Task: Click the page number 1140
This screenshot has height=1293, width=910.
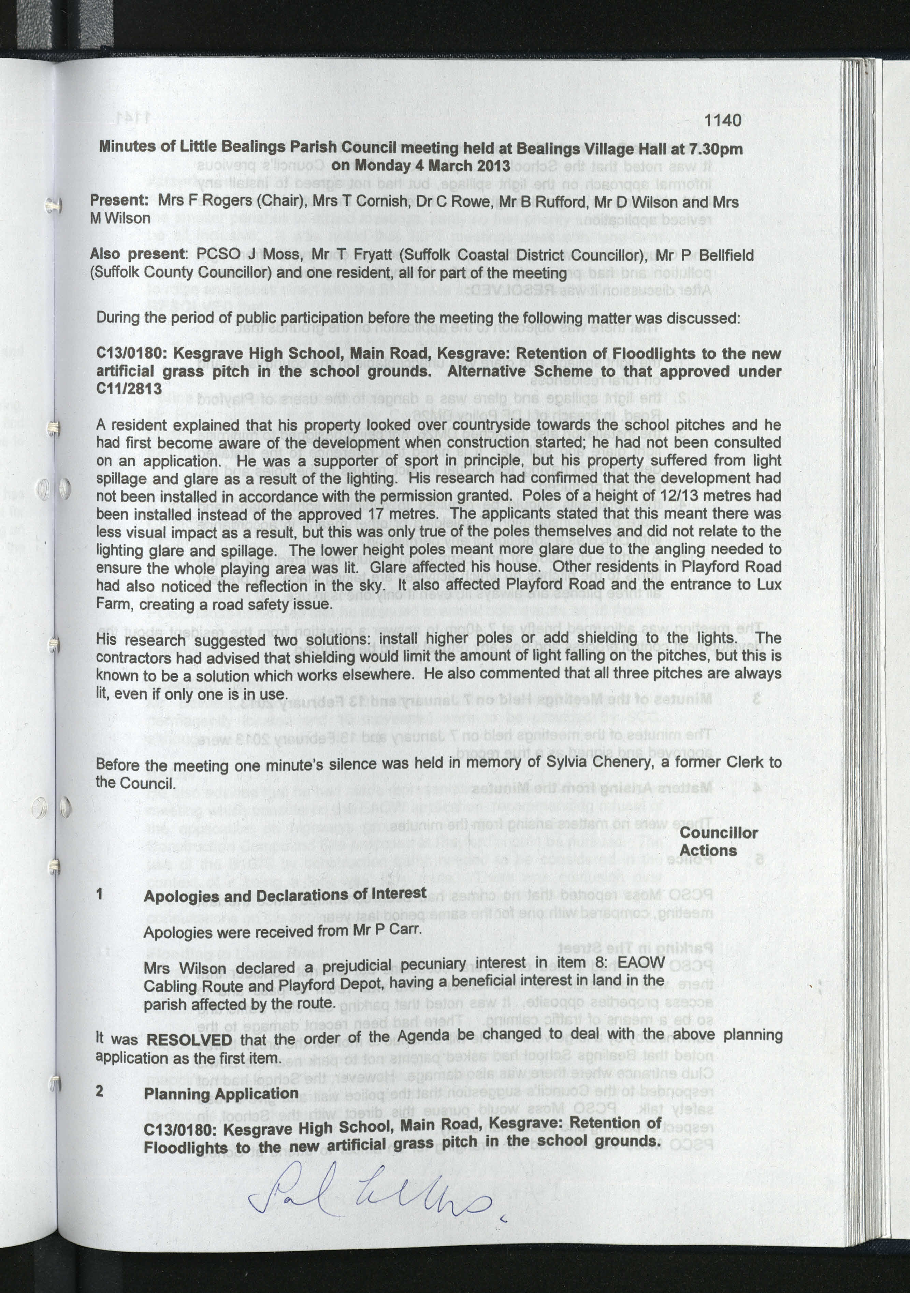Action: point(723,121)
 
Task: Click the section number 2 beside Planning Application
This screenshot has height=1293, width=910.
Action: point(100,1091)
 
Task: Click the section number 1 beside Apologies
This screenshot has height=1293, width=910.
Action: point(100,894)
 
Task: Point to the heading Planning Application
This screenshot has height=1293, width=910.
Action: point(221,1093)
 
